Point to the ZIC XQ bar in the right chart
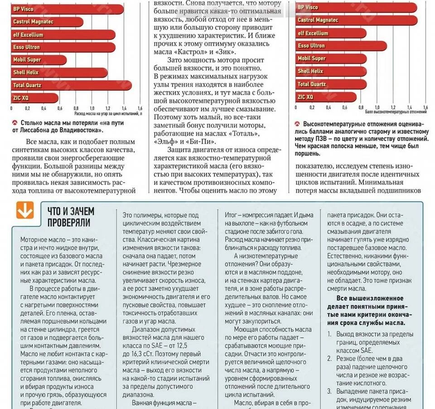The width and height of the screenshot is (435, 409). [x=326, y=97]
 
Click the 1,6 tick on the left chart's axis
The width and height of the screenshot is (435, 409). [x=140, y=108]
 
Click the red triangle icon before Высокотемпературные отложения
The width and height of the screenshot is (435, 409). [x=297, y=124]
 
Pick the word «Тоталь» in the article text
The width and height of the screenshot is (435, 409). [x=245, y=134]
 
